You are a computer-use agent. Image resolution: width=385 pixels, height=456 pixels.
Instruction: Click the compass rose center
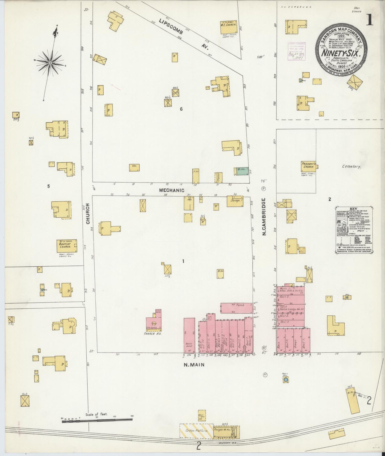pos(50,63)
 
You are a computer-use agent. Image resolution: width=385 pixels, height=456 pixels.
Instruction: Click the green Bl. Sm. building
pos(242,171)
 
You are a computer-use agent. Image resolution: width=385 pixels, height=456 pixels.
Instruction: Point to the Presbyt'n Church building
pos(309,167)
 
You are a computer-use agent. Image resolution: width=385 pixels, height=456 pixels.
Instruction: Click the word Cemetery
pos(351,167)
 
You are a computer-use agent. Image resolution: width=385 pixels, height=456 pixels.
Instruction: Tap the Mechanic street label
pos(172,190)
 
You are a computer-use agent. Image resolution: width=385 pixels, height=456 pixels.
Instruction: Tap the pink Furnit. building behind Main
pos(237,308)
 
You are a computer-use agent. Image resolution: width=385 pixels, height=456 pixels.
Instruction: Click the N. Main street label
pos(194,365)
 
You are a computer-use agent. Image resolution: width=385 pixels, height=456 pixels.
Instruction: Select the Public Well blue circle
pos(286,380)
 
